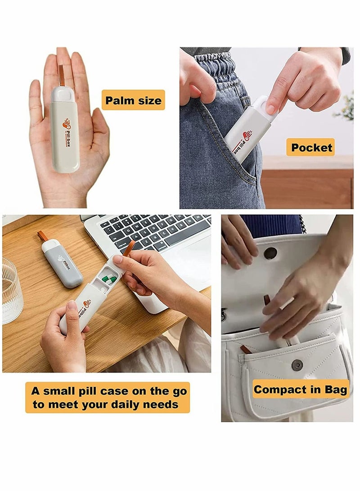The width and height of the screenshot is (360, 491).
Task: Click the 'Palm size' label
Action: (x=133, y=100)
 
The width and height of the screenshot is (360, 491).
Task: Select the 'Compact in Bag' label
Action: (x=300, y=390)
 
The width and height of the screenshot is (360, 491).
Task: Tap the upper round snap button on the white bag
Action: (x=270, y=253)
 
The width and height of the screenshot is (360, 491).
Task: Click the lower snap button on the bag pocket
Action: (x=297, y=365)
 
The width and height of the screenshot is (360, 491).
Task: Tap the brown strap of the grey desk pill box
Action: (x=43, y=236)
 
